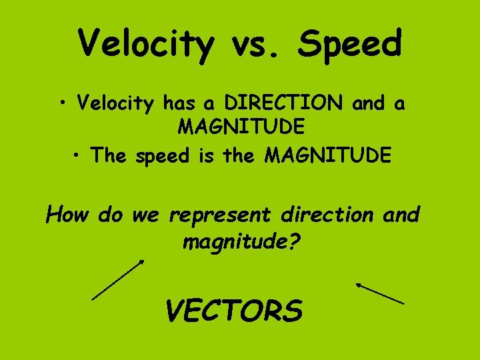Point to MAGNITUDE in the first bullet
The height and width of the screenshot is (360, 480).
tap(241, 125)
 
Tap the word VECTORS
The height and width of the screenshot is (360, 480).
tap(233, 310)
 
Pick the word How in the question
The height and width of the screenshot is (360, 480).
tap(69, 215)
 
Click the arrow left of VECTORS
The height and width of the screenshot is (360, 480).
tap(117, 280)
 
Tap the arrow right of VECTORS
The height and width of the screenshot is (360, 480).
tap(379, 293)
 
